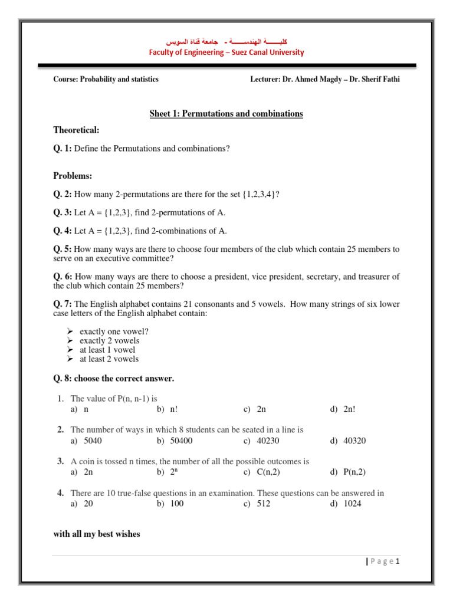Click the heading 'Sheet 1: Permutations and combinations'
226,113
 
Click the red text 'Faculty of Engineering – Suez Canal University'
226,52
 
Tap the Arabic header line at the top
226,43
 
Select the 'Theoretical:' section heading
77,130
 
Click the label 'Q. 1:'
63,149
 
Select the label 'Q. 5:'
63,249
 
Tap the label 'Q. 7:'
63,304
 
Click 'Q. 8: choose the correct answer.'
114,378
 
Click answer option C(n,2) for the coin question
270,472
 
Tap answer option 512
264,504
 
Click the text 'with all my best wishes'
97,534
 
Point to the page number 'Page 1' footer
383,562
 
